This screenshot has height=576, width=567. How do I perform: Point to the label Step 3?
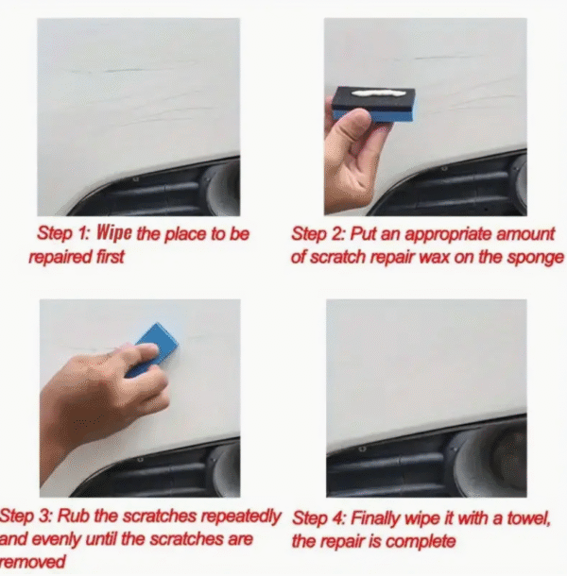click(27, 517)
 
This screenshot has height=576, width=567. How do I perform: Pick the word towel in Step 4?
click(529, 518)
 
